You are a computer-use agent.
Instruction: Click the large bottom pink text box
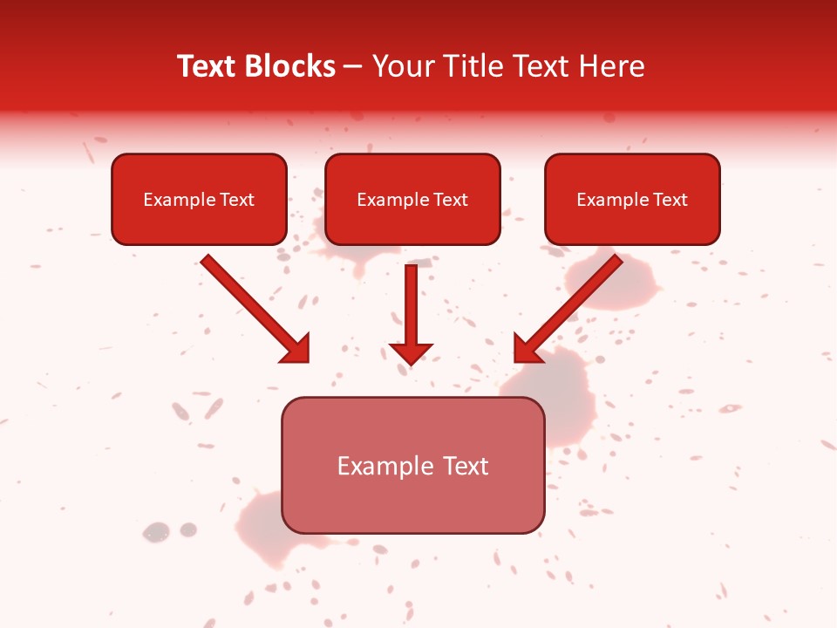[x=412, y=502]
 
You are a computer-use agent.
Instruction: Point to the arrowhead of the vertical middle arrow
[x=411, y=352]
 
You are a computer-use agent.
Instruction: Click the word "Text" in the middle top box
[x=451, y=200]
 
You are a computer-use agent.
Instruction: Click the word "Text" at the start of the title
[x=207, y=66]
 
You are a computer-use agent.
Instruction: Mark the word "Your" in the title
[x=402, y=66]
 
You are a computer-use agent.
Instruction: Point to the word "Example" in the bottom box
[x=386, y=466]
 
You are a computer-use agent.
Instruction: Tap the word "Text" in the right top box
[x=670, y=200]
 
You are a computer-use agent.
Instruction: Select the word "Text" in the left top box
[x=237, y=200]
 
